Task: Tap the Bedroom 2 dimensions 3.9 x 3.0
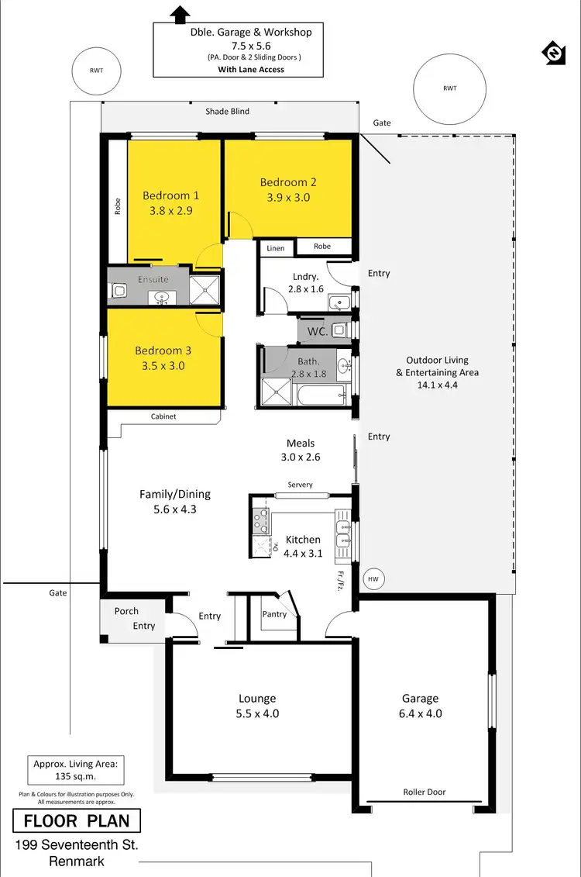288,198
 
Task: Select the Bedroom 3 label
163,350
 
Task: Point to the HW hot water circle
373,578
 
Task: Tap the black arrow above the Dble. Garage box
180,13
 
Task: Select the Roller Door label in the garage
424,792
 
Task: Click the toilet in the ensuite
119,290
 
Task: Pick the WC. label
318,331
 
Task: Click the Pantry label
274,614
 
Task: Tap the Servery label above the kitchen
300,485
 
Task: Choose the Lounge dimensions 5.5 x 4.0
257,713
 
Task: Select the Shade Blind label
227,112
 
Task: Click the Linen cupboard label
276,248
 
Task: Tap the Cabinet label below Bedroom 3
163,416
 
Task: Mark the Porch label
126,611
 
